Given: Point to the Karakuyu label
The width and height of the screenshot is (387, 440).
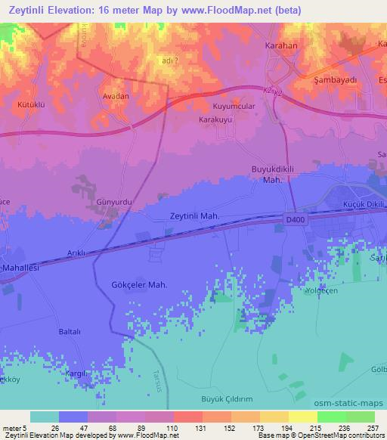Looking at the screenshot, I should point(216,119).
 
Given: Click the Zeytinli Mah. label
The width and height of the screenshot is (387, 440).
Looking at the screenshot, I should point(194,215).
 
